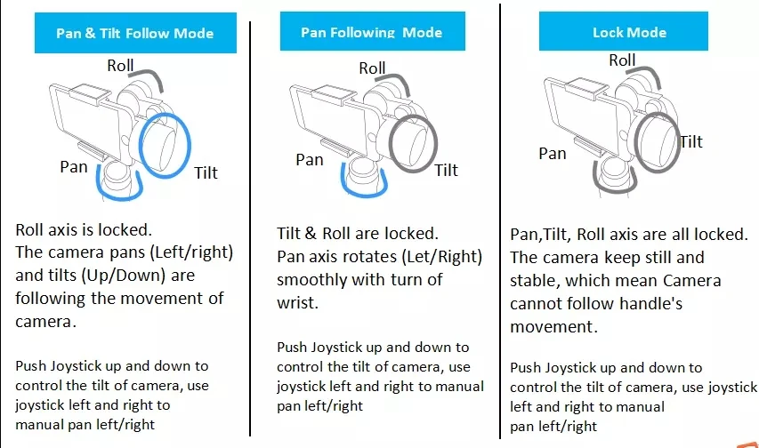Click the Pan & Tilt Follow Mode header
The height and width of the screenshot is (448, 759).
[134, 34]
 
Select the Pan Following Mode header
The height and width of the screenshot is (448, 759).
[371, 32]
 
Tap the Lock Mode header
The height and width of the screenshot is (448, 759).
[629, 33]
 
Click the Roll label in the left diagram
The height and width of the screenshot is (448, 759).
[121, 65]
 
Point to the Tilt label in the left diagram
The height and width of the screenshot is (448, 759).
[206, 172]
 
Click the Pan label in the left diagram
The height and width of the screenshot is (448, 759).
[75, 166]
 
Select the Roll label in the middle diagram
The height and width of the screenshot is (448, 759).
[372, 68]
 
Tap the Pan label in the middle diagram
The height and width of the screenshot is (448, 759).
[310, 160]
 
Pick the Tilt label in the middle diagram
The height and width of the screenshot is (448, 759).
[447, 170]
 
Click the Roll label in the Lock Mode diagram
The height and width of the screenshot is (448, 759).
[623, 60]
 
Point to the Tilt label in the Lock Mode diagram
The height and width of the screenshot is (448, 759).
[691, 141]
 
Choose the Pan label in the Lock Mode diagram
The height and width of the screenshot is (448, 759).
[553, 154]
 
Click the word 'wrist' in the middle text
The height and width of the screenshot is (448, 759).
[300, 303]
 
